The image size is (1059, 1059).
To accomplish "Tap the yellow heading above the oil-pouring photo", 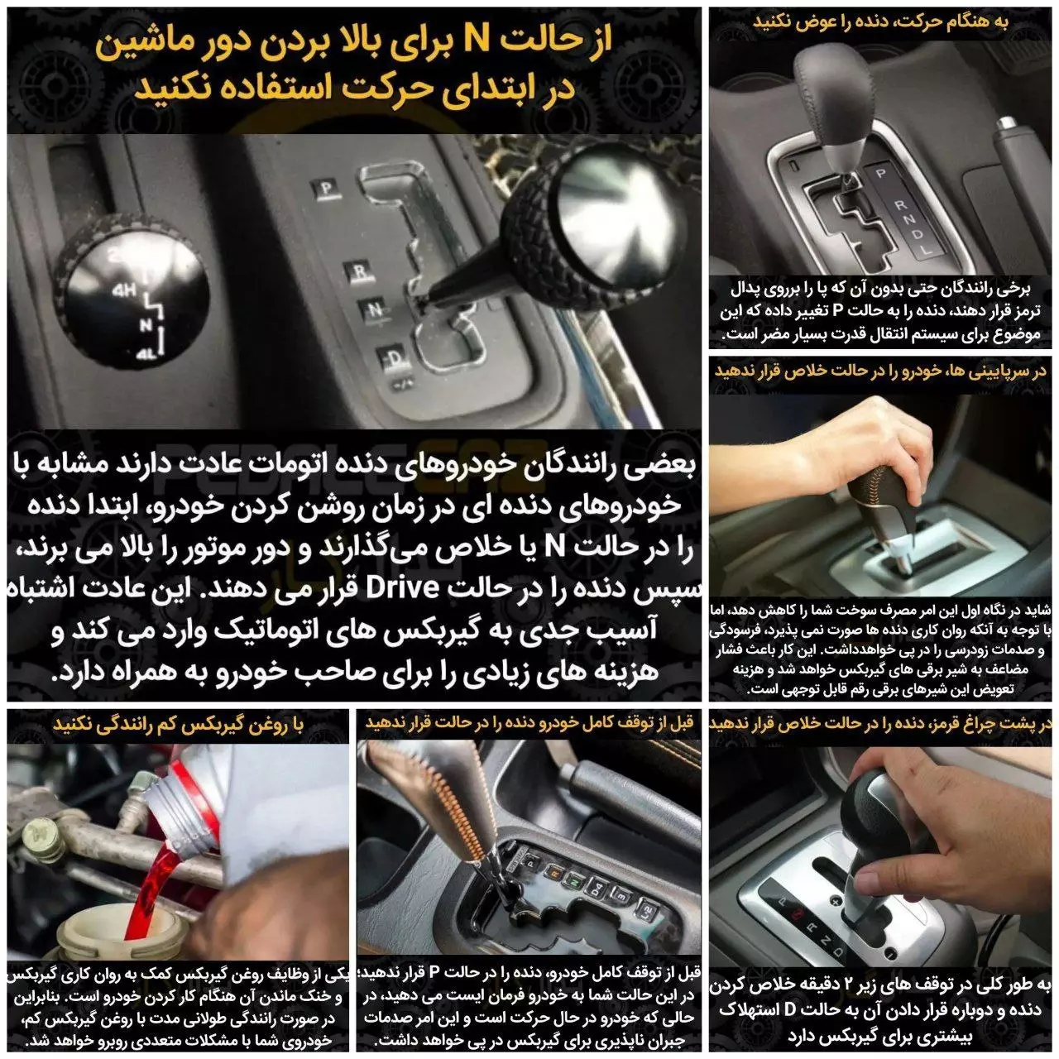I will pos(179,725).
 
